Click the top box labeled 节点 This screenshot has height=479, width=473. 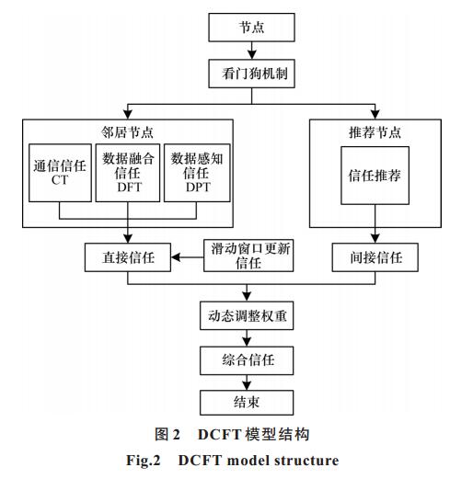[251, 28]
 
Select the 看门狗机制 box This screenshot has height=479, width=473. [251, 74]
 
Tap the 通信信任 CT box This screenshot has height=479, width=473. [60, 173]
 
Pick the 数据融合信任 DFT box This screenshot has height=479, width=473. [128, 173]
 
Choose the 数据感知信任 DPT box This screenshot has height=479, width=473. [197, 173]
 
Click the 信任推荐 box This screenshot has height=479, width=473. [375, 176]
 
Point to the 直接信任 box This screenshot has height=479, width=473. [128, 257]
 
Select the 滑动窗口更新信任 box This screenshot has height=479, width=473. [248, 256]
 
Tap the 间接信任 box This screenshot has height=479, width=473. [375, 257]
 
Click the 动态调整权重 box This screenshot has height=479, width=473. [247, 315]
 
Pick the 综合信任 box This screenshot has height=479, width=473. [247, 360]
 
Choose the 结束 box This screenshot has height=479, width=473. [247, 403]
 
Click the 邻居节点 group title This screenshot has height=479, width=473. [127, 132]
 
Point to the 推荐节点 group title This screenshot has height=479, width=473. [375, 132]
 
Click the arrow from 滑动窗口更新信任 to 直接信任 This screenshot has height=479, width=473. [187, 257]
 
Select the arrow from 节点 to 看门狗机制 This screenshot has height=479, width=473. [252, 51]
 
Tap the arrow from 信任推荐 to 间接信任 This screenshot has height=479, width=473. [375, 223]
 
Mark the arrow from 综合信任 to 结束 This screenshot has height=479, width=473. [247, 382]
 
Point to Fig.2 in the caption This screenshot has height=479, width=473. [144, 461]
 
